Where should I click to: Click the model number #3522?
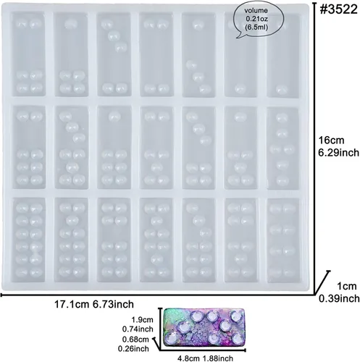338,9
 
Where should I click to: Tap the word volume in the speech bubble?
256,11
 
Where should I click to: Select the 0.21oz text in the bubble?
256,19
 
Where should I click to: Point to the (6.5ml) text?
256,27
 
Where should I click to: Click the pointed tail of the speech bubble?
238,38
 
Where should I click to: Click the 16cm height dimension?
331,140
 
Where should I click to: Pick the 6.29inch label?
338,153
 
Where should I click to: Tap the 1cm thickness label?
347,286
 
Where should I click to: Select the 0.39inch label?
339,298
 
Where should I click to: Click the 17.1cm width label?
72,304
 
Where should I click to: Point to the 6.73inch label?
113,304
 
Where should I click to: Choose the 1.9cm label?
142,320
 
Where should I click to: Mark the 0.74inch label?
138,329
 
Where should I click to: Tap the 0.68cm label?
135,340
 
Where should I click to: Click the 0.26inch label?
133,349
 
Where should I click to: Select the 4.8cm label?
189,358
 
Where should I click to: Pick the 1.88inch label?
218,358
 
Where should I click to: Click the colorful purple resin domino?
204,328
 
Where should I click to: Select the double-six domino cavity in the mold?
29,240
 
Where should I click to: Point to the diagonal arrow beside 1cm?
322,282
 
